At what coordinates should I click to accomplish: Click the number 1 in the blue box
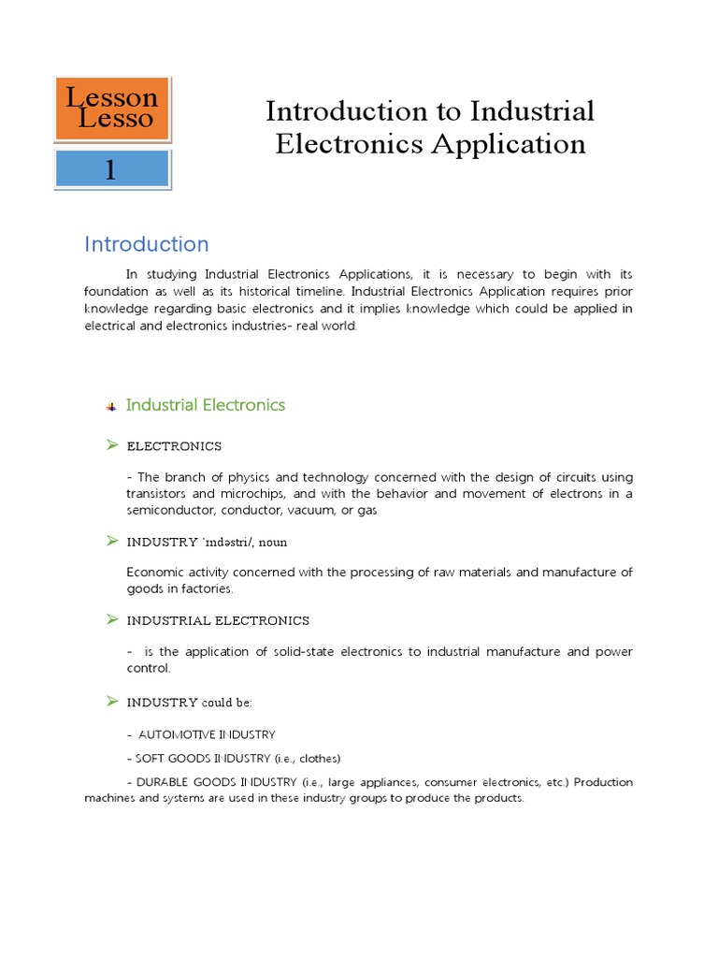click(x=111, y=169)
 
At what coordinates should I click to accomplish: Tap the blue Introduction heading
click(x=147, y=244)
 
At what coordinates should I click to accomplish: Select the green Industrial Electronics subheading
click(x=206, y=405)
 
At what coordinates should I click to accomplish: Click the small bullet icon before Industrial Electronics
click(x=110, y=406)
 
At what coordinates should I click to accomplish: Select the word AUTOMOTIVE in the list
click(x=177, y=734)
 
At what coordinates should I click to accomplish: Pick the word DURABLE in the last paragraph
click(x=163, y=782)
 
